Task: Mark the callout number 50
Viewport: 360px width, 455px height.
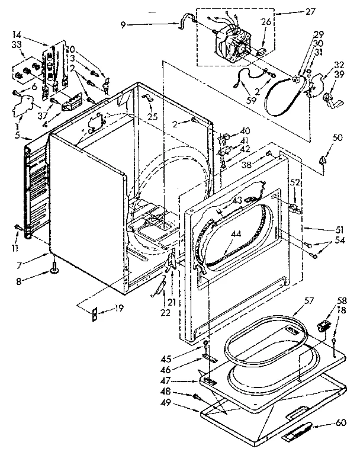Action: click(x=322, y=138)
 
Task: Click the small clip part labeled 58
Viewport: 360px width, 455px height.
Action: click(x=323, y=325)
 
